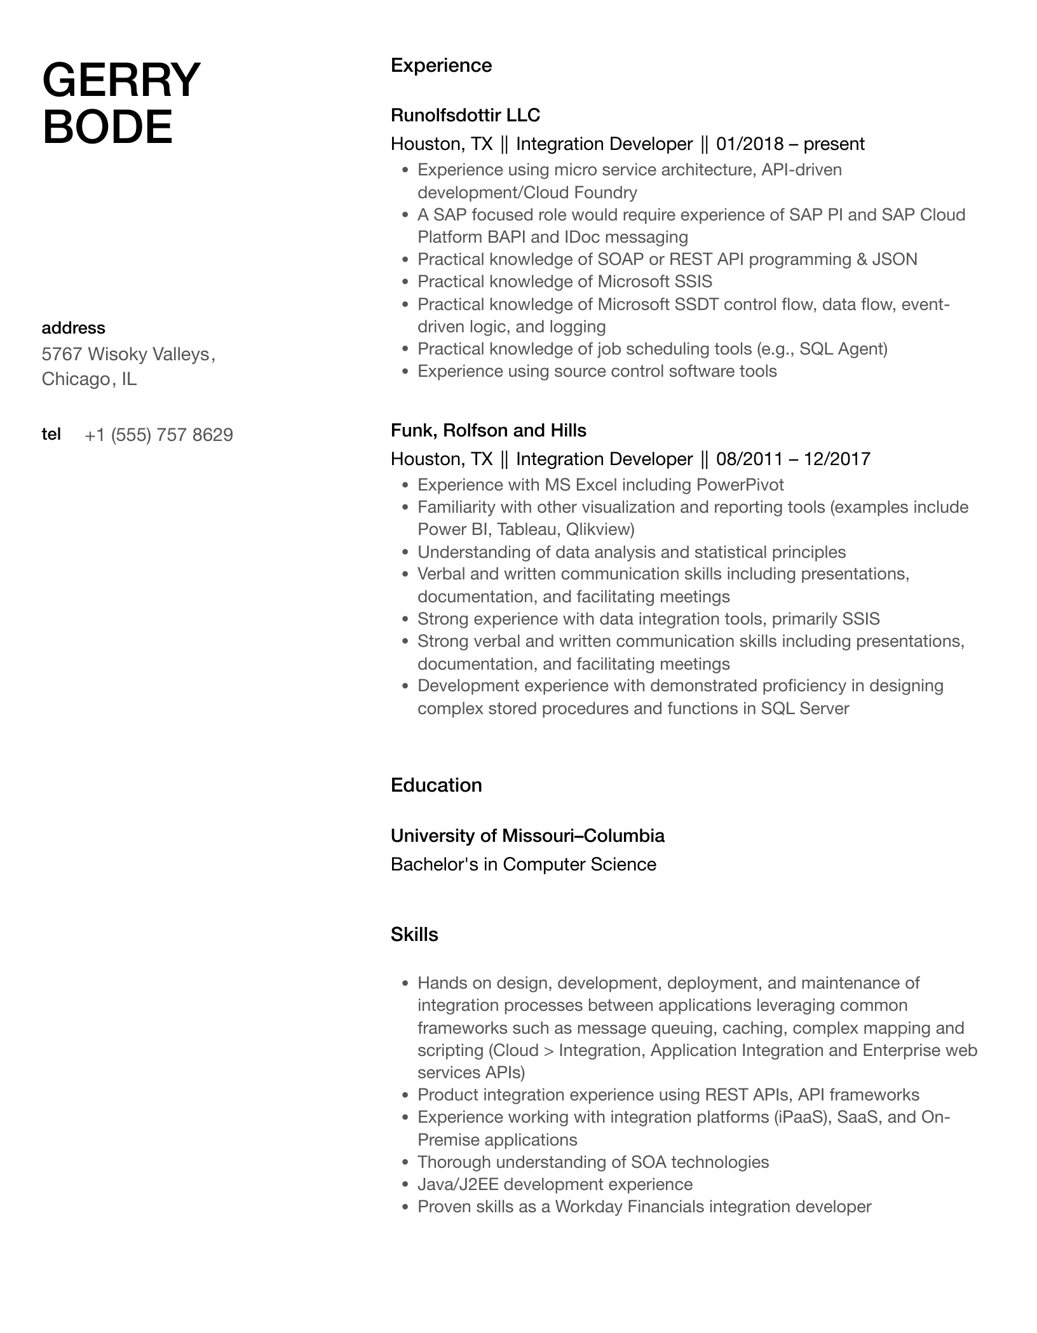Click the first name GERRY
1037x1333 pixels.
pyautogui.click(x=121, y=80)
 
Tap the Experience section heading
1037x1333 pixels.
pyautogui.click(x=441, y=65)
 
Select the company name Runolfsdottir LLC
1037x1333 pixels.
pyautogui.click(x=465, y=115)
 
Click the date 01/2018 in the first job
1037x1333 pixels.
pyautogui.click(x=750, y=144)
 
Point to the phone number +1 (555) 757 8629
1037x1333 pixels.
pyautogui.click(x=158, y=435)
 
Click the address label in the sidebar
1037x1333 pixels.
pyautogui.click(x=73, y=328)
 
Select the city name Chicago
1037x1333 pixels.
pyautogui.click(x=75, y=379)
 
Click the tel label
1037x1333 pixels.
pyautogui.click(x=51, y=434)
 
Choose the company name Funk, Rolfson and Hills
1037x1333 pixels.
pyautogui.click(x=488, y=431)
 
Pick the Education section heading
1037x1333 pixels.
pyautogui.click(x=436, y=785)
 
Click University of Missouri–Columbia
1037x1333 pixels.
pyautogui.click(x=527, y=836)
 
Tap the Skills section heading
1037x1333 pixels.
pyautogui.click(x=414, y=935)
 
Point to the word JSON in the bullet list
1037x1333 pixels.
pyautogui.click(x=895, y=259)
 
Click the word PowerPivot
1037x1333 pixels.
pyautogui.click(x=740, y=485)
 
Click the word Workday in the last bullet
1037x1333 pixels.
pyautogui.click(x=588, y=1207)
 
